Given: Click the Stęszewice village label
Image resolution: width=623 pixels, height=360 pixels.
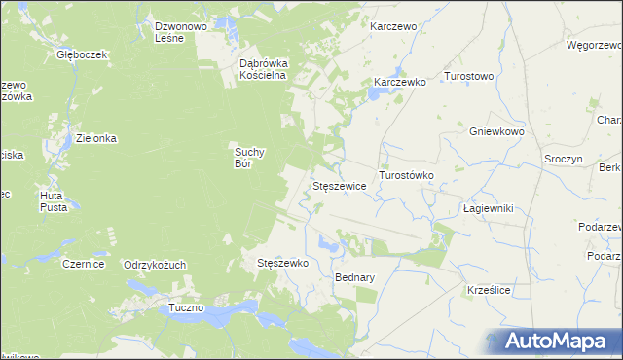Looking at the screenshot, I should coord(338,185).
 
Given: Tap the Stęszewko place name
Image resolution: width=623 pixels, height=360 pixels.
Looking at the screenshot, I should coord(282,263).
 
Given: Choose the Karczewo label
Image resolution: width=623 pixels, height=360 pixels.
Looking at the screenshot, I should coord(393,26).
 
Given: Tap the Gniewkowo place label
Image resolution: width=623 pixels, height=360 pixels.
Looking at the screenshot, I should coord(496,131).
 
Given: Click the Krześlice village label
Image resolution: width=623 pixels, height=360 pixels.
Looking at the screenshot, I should coord(490,290).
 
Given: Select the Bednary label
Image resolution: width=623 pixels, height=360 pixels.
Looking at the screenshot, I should coord(354,277).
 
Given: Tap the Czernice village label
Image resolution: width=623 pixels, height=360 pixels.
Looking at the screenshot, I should coord(83,264).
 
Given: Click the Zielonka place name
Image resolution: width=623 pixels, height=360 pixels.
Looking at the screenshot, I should coord(96,138).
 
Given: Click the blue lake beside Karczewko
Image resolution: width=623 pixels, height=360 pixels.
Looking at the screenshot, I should coord(374,95).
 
